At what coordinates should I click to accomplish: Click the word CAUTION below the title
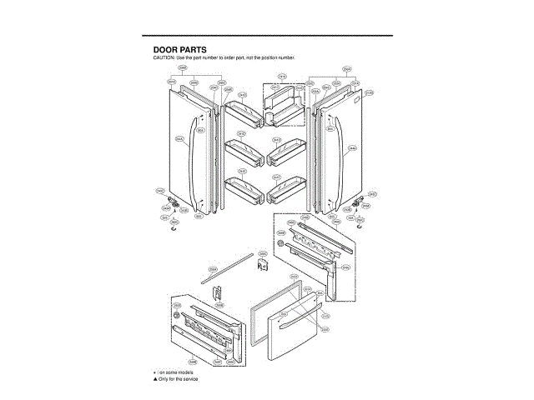click(x=162, y=57)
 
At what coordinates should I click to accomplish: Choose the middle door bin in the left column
click(x=244, y=152)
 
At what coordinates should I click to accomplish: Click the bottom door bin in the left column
click(x=244, y=189)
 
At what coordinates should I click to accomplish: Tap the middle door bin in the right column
click(x=284, y=152)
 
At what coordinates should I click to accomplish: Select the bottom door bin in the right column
click(x=284, y=189)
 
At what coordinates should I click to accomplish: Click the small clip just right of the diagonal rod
click(x=260, y=265)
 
